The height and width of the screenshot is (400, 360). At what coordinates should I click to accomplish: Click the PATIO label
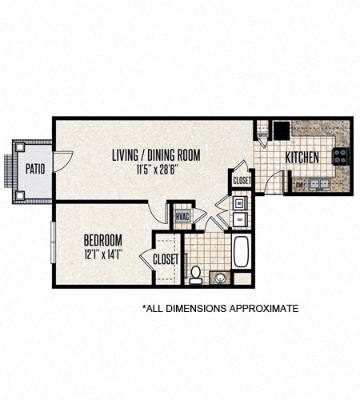click(x=34, y=169)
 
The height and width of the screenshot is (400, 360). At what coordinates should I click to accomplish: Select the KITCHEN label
click(x=304, y=157)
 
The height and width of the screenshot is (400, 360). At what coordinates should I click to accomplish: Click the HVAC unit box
click(x=182, y=216)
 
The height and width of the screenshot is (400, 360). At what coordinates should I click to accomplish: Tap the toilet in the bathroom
click(x=194, y=274)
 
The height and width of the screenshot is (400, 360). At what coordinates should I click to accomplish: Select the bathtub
click(x=242, y=252)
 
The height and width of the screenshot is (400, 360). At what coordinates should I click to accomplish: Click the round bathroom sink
click(x=219, y=278)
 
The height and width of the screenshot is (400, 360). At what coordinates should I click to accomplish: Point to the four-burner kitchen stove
click(x=341, y=156)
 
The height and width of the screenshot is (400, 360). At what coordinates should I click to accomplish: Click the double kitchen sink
click(x=319, y=184)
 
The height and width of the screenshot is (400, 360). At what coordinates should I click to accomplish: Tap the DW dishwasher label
click(x=298, y=185)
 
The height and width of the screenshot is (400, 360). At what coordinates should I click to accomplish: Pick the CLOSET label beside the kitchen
click(x=242, y=181)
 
